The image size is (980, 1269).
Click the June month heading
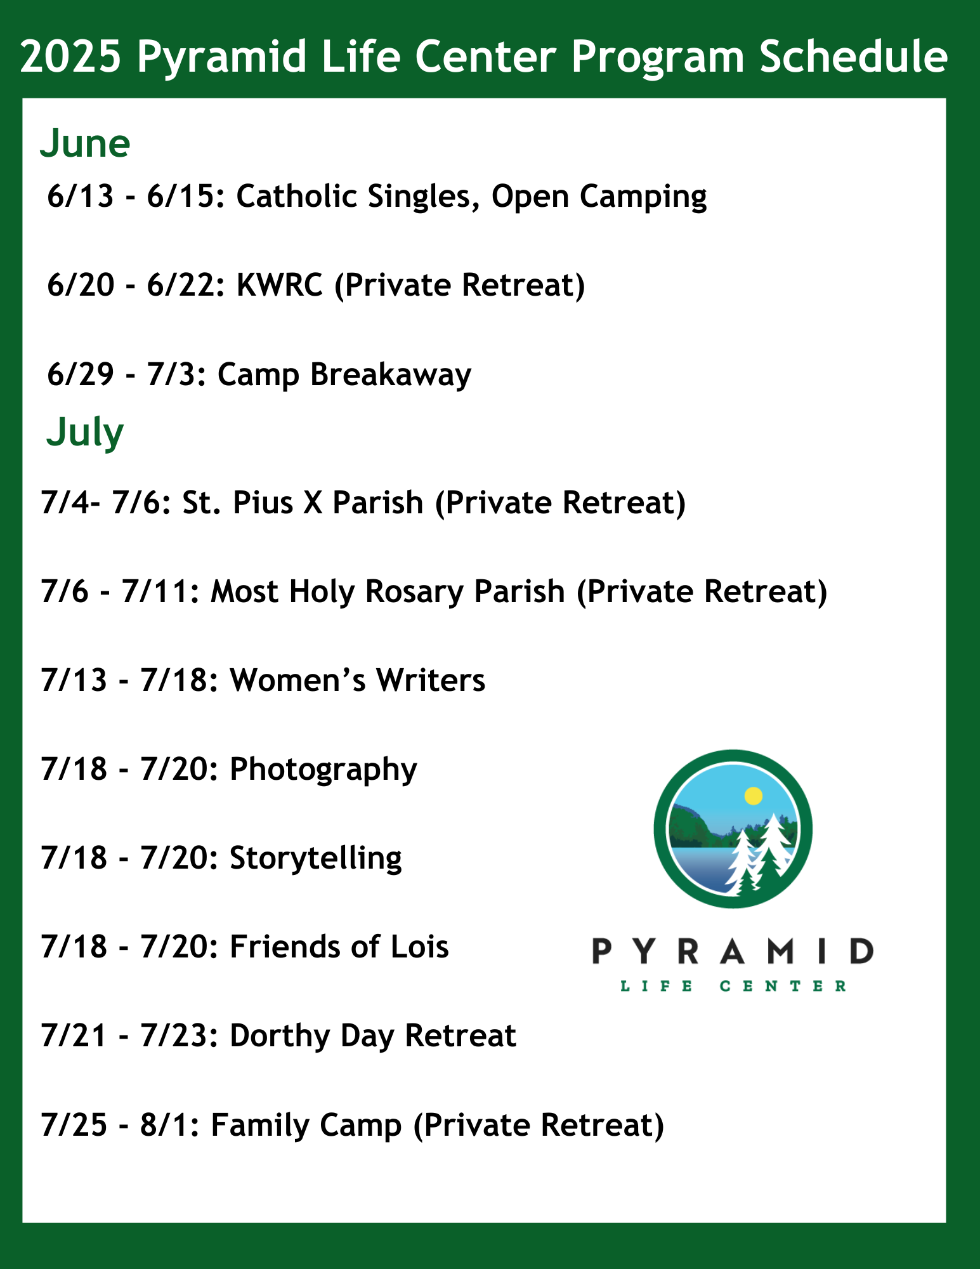click(85, 143)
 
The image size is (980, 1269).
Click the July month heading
click(85, 433)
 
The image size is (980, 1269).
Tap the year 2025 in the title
click(70, 57)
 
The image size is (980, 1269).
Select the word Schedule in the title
click(854, 57)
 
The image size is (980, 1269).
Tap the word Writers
click(431, 680)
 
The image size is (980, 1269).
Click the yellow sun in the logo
click(753, 796)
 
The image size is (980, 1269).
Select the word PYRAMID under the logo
click(733, 951)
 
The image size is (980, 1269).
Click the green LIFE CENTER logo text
click(733, 986)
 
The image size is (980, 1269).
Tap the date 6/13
click(81, 196)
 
